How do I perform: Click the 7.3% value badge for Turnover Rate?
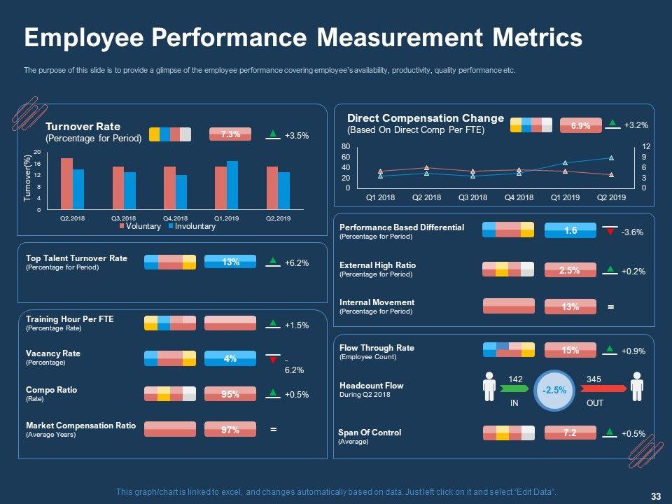[230, 134]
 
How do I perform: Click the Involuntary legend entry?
[192, 226]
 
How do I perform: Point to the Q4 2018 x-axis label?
[519, 197]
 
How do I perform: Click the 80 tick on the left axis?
[346, 146]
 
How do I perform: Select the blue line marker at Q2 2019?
[611, 158]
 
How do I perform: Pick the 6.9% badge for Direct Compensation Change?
[581, 126]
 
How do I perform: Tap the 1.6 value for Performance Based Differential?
[570, 230]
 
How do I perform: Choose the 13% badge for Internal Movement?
[570, 307]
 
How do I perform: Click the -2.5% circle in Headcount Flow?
[554, 390]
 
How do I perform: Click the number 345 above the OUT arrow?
[594, 378]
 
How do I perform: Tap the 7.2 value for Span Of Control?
[570, 433]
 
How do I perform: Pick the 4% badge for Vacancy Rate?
[230, 359]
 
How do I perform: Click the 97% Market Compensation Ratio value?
[230, 430]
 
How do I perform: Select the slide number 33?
[656, 496]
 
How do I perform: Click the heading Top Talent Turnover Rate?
[76, 258]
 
